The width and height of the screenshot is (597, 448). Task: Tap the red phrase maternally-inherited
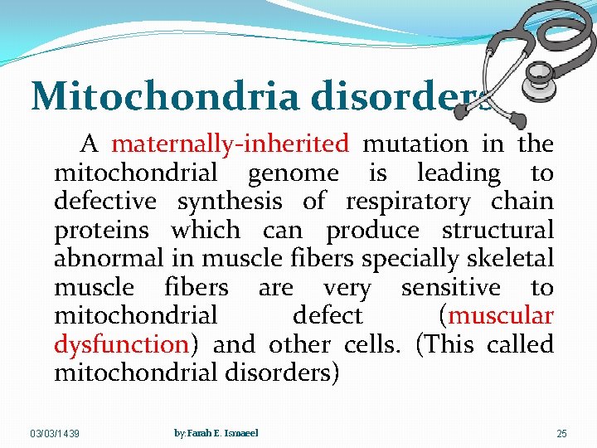point(230,144)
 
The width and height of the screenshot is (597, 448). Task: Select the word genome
point(293,173)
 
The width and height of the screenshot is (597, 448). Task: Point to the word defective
point(104,202)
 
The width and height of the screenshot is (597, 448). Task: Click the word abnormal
point(109,259)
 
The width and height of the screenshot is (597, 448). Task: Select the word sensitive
point(450,288)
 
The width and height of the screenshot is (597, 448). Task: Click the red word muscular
point(501,316)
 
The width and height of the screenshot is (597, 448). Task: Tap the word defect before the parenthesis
point(328,316)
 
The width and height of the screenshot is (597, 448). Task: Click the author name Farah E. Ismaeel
point(216,433)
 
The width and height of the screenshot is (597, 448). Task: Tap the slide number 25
point(561,434)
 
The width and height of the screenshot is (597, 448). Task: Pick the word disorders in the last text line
point(281,373)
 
